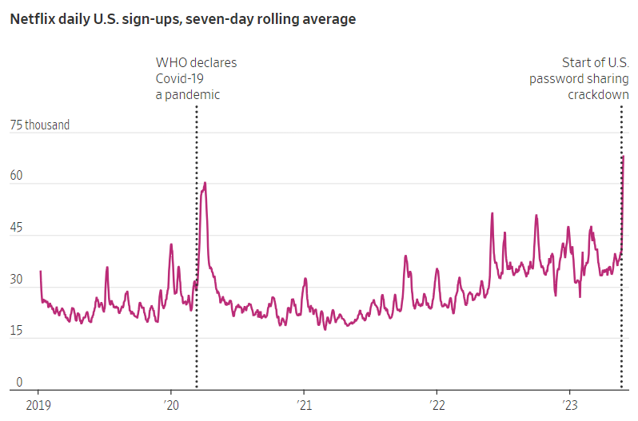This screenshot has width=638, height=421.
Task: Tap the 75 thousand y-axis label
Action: (x=40, y=125)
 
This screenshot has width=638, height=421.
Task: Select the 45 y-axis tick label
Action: (x=17, y=229)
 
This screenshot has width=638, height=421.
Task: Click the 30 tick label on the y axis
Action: (x=17, y=281)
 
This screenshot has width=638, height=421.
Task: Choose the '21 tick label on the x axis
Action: (x=304, y=405)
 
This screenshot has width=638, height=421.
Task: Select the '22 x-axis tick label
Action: (x=437, y=405)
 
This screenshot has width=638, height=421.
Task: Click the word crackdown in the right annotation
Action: (x=600, y=94)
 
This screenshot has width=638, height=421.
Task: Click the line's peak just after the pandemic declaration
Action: (x=205, y=183)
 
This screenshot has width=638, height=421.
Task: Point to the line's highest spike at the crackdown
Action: (x=623, y=156)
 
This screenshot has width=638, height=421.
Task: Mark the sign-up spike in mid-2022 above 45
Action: (x=492, y=213)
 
